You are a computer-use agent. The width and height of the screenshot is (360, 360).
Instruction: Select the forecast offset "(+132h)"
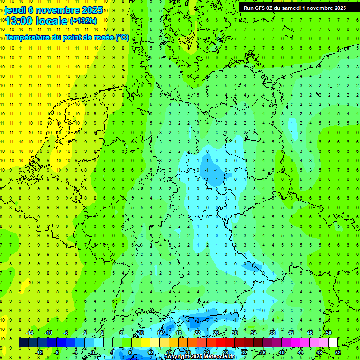83,21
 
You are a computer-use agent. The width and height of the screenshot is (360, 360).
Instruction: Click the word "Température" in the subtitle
29,37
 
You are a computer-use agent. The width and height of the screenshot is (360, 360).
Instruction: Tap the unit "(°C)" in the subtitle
122,37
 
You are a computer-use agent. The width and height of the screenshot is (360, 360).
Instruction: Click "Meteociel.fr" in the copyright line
217,357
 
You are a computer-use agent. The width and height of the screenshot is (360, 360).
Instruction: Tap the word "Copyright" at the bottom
177,357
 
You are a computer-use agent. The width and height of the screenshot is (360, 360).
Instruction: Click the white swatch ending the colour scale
333,343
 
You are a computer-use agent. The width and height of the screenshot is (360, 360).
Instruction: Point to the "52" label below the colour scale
338,352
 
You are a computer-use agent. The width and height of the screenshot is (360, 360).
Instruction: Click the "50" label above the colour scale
328,333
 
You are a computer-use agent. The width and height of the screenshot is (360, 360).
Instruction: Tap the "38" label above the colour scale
272,333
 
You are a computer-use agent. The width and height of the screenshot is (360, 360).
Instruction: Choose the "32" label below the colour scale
244,352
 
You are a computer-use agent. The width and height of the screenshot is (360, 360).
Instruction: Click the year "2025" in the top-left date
91,10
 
